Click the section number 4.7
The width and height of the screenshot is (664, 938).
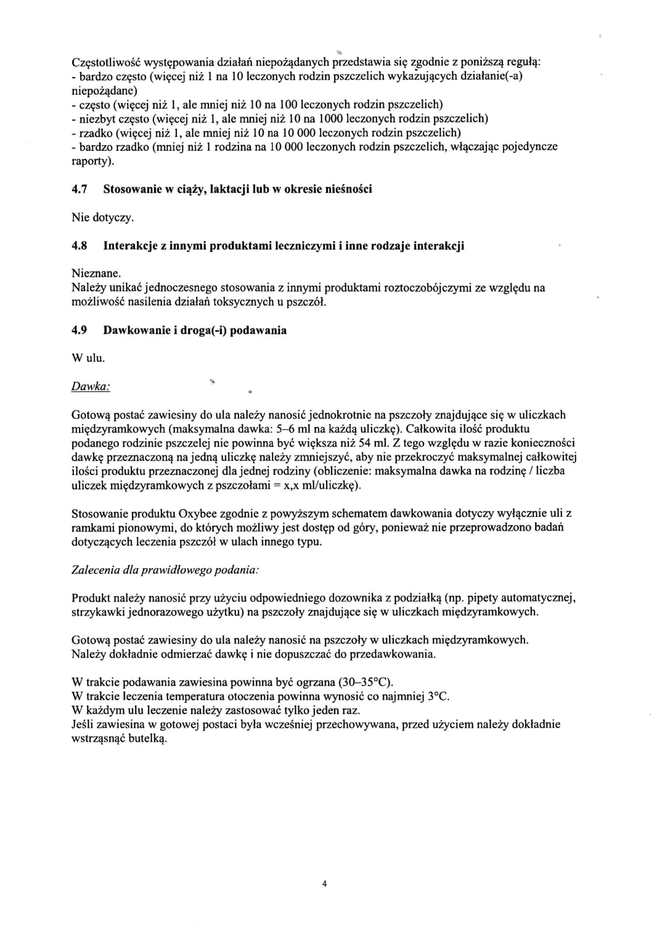79,189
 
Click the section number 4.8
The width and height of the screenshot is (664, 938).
79,246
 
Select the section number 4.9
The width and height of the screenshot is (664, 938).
79,330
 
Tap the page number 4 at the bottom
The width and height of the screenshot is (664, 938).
325,884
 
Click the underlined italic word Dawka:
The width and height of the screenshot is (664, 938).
91,386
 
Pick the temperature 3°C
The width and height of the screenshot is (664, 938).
438,696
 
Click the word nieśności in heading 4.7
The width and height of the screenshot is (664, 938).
349,189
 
